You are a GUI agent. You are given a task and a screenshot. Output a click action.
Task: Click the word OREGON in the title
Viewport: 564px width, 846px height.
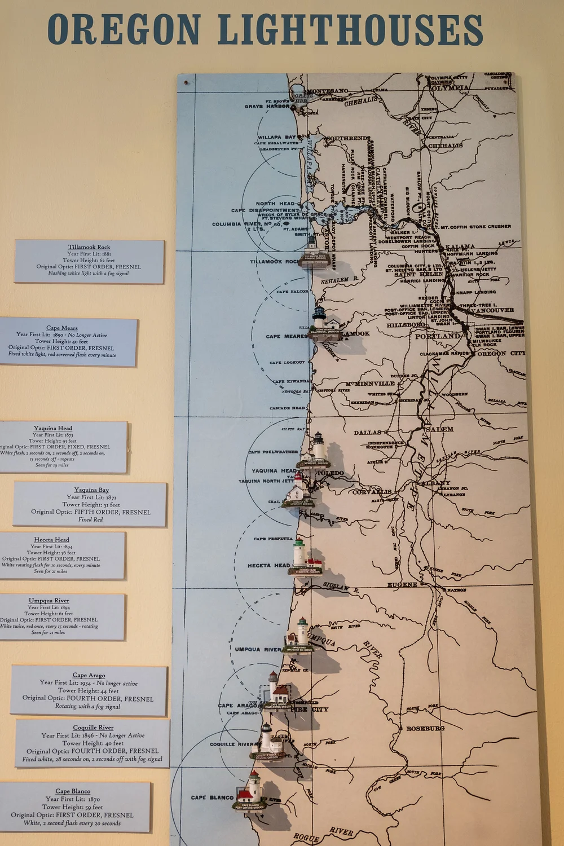point(124,29)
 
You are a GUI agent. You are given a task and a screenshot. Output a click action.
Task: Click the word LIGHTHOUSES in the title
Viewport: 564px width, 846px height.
point(350,29)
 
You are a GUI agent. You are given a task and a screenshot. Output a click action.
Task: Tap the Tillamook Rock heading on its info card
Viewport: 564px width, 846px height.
point(89,247)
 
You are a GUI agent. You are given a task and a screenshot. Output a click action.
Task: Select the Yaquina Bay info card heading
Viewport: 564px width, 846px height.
point(91,490)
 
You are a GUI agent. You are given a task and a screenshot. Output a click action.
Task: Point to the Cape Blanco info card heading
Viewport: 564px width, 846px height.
point(73,791)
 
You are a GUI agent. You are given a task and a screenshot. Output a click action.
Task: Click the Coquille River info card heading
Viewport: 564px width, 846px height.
point(93,728)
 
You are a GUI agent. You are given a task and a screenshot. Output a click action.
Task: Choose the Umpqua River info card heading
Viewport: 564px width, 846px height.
point(49,601)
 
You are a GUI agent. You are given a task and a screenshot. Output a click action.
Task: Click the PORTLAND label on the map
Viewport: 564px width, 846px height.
point(438,336)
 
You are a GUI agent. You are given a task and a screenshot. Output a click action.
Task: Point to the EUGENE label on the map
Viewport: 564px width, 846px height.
point(402,585)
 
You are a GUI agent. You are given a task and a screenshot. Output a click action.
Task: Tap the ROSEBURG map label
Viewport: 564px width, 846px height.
point(425,729)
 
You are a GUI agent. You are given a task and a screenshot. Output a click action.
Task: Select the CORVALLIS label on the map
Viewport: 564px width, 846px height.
point(372,492)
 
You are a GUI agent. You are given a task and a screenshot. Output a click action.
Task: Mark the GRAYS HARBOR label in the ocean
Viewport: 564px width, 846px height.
point(267,106)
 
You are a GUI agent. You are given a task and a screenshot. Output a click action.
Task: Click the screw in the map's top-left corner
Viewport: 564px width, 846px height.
point(187,82)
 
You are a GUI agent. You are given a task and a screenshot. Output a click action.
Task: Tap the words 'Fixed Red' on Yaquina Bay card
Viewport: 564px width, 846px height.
point(90,519)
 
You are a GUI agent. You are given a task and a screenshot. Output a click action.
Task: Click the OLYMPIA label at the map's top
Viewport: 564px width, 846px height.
point(449,88)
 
